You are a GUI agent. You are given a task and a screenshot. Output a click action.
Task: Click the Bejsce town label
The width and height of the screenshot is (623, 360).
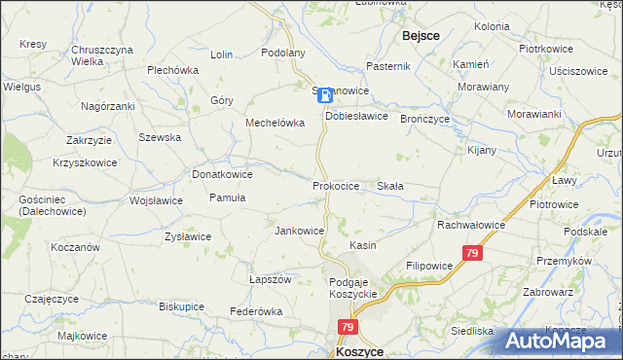(420, 35)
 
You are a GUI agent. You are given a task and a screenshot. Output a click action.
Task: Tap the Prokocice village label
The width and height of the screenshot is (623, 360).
(336, 185)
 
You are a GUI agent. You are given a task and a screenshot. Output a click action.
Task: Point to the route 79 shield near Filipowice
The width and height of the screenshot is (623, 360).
(472, 254)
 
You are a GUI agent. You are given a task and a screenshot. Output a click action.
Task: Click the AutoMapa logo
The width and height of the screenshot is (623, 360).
(562, 341)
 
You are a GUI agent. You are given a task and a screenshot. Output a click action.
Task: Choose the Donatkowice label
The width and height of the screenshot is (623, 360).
(222, 174)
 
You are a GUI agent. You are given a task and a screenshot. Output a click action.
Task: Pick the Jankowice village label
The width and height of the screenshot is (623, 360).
(299, 231)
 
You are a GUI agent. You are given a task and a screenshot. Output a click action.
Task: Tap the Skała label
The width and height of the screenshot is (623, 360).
(390, 185)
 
